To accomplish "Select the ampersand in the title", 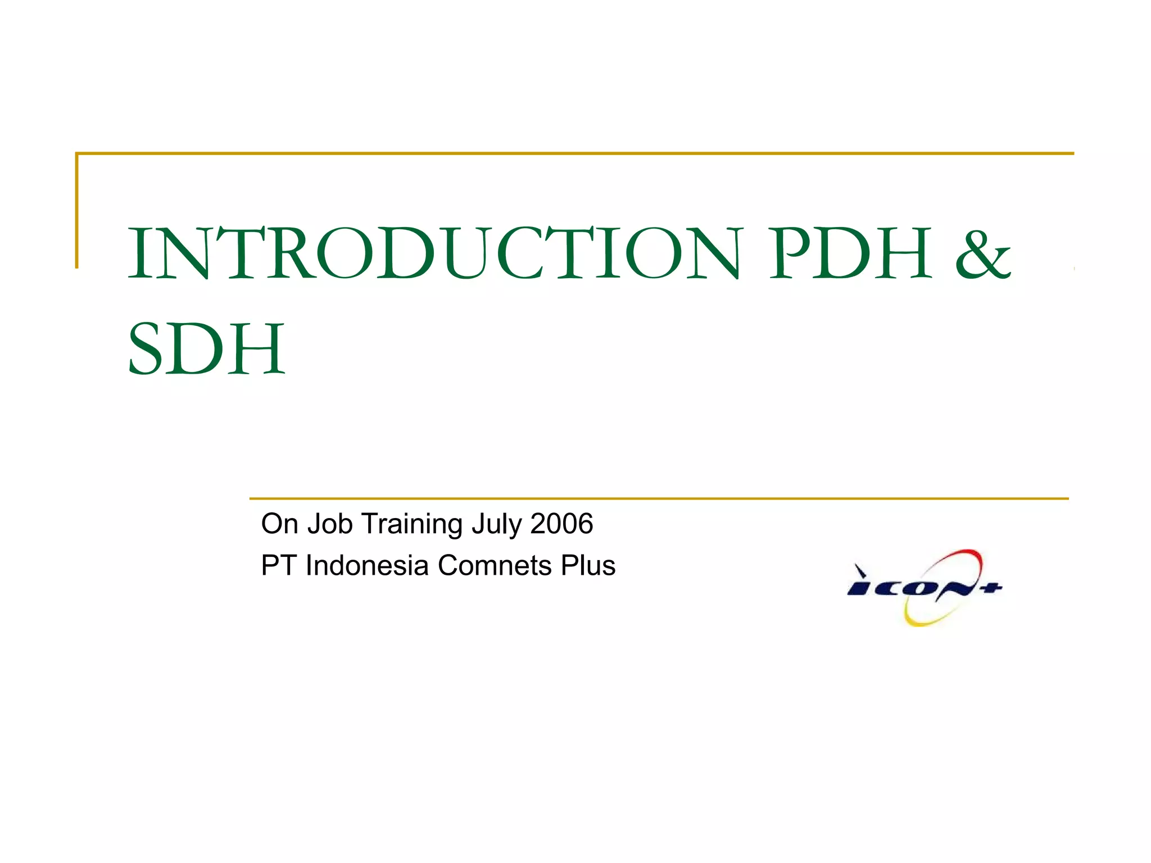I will [x=983, y=254].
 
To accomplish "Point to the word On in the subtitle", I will [x=279, y=524].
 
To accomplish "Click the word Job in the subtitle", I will [x=330, y=524].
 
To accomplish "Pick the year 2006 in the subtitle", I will [x=561, y=524].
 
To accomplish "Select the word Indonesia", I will [x=367, y=565].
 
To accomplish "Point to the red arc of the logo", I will [x=955, y=556].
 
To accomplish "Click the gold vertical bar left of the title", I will [x=77, y=211].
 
